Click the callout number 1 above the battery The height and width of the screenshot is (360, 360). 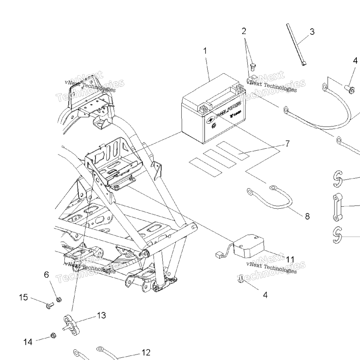pyautogui.click(x=205, y=51)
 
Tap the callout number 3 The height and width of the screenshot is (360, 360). pyautogui.click(x=311, y=32)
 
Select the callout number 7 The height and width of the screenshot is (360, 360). pyautogui.click(x=287, y=143)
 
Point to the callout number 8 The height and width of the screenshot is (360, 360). pyautogui.click(x=307, y=216)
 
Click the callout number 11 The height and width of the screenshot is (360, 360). pyautogui.click(x=290, y=259)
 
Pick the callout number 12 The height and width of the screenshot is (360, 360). pyautogui.click(x=146, y=352)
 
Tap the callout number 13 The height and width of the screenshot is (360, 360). pyautogui.click(x=101, y=315)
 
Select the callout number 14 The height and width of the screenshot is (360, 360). pyautogui.click(x=28, y=342)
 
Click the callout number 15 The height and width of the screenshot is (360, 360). pyautogui.click(x=23, y=297)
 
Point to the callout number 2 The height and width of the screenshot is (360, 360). pyautogui.click(x=244, y=31)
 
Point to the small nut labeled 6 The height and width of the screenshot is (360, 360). pyautogui.click(x=59, y=300)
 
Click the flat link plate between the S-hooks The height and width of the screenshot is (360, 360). pyautogui.click(x=338, y=207)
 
